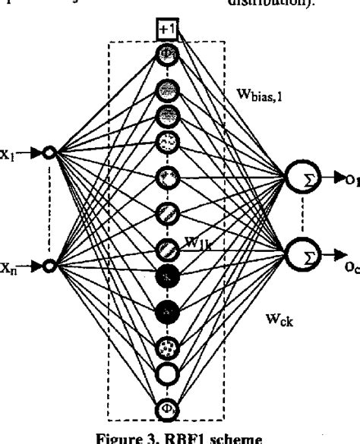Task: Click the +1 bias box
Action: coord(166,31)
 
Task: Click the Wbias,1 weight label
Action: coord(256,97)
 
